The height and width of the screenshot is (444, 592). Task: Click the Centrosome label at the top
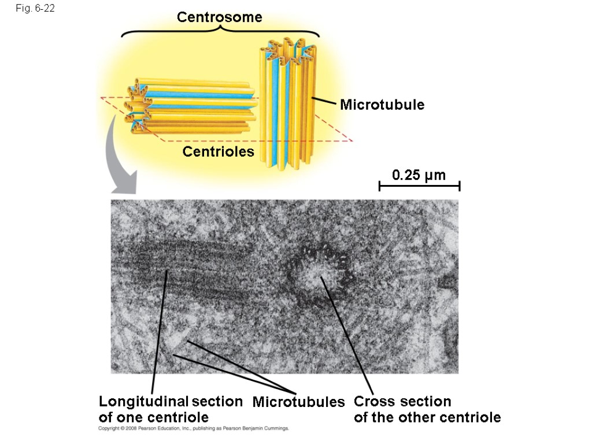(220, 17)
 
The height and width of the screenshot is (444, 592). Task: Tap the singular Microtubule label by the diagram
(382, 105)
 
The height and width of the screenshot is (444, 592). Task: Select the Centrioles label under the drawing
(219, 152)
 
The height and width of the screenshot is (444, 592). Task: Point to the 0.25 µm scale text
(419, 175)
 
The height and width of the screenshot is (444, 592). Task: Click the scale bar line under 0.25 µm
(419, 186)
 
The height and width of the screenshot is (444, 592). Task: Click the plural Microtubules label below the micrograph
(298, 402)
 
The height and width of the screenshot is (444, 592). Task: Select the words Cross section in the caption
(402, 401)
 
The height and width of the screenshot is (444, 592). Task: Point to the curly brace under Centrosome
(220, 32)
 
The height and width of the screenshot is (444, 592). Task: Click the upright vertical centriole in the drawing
(288, 104)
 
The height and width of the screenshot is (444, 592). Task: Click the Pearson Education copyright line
(193, 429)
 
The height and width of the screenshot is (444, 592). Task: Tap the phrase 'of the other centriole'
(427, 417)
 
